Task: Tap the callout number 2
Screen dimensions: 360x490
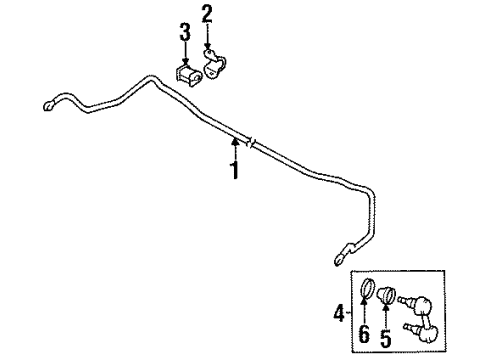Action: tap(207, 14)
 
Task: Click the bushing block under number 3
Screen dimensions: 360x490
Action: tap(186, 77)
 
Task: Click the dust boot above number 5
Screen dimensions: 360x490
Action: tap(390, 296)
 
